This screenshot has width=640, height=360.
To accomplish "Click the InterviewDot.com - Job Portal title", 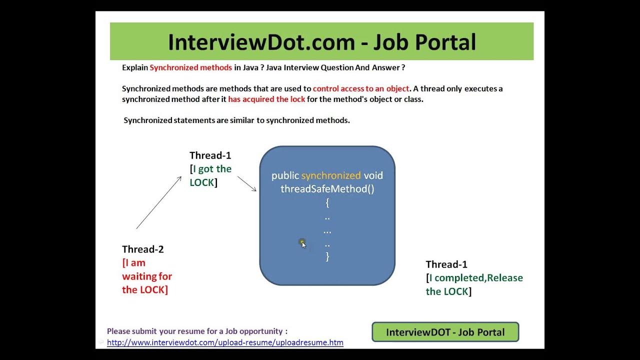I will coord(321,42).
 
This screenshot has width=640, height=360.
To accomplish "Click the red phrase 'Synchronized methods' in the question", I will coord(190,67).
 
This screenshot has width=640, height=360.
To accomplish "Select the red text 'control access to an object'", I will coord(361,88).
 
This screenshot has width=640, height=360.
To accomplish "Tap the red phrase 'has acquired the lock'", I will coord(266,99).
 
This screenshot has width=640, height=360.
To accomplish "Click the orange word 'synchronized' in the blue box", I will coord(330,175).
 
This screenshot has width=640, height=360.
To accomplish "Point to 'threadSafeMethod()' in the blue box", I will coord(327,189).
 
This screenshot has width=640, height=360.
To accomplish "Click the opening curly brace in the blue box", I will coord(327,203).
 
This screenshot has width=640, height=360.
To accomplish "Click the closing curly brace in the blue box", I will coord(327,256).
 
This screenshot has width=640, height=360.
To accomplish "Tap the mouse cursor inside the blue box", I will coord(302,243).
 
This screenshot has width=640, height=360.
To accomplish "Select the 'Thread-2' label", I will coord(142,249).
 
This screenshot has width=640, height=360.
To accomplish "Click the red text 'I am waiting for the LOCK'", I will coord(146,276).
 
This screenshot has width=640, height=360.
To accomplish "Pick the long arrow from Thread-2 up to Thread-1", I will coord(158,202).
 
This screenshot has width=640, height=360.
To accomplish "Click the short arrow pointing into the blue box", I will coord(246,183).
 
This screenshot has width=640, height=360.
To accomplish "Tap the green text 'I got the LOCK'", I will coord(210,175).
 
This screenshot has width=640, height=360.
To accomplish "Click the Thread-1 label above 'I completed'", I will coord(446,264).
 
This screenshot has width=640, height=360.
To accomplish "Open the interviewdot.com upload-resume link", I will coord(225,343).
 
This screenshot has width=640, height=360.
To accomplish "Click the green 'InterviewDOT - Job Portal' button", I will coord(445,332).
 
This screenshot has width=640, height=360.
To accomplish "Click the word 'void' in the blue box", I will coord(373,175).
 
